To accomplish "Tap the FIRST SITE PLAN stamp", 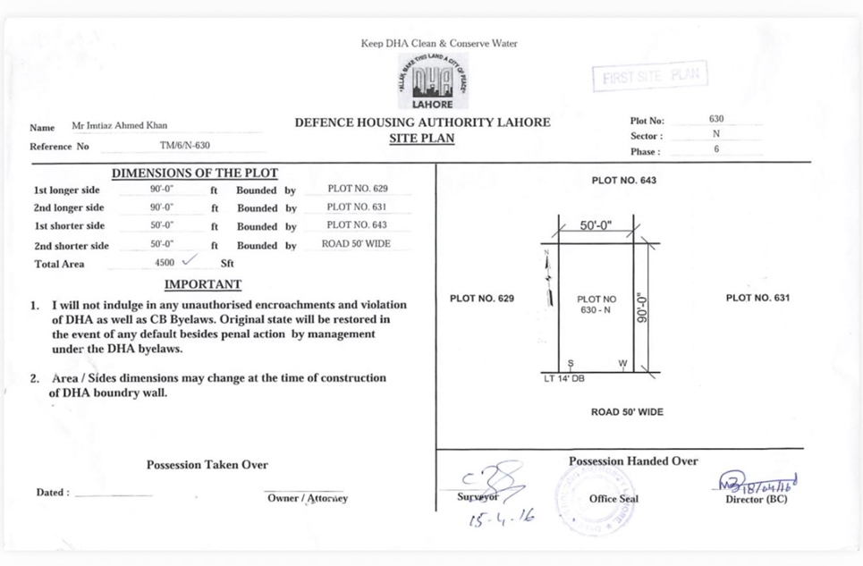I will click(649, 77).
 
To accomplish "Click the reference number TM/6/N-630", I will click(179, 146).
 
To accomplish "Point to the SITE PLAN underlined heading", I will click(422, 139).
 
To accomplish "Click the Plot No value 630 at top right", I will click(715, 119).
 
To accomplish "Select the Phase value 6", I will click(715, 150).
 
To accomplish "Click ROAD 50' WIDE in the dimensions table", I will click(356, 244).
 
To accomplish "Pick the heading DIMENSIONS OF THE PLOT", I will click(194, 173).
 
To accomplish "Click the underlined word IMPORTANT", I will click(203, 284).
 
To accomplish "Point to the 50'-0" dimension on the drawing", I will click(596, 226).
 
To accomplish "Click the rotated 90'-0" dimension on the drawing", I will click(639, 307).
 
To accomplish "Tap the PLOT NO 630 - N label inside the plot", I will click(596, 305).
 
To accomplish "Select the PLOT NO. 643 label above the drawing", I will click(623, 181).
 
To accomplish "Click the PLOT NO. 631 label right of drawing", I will click(757, 298).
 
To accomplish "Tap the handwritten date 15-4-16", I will click(501, 518).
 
